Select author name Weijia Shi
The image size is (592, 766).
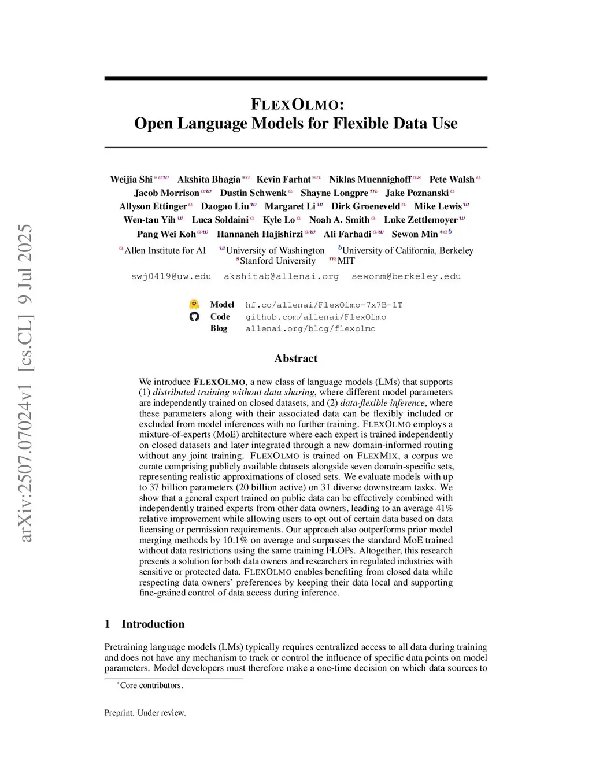click(131, 179)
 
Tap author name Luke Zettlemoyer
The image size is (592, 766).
click(420, 220)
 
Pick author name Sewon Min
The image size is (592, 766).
click(415, 234)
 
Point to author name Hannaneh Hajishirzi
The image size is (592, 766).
click(260, 234)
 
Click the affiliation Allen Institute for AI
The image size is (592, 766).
click(165, 250)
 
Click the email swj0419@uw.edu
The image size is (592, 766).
click(171, 276)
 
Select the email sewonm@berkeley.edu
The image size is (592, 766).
click(406, 276)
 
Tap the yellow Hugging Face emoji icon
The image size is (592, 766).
click(194, 305)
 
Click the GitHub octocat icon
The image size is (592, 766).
click(194, 317)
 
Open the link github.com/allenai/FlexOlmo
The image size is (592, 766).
click(316, 317)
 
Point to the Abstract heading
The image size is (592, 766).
click(296, 358)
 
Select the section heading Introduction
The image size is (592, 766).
click(153, 624)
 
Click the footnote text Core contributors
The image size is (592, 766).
click(151, 685)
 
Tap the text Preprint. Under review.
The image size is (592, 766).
click(145, 713)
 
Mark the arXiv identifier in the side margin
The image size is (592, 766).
click(26, 383)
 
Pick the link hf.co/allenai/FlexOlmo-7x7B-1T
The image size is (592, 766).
click(324, 305)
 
